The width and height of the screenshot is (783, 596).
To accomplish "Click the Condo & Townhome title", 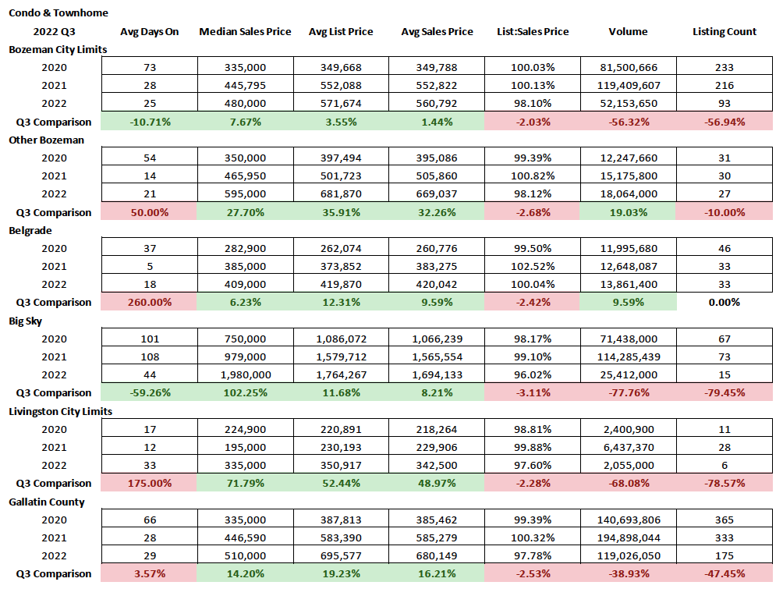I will click(x=58, y=13).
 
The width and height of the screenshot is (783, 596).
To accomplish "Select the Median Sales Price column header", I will click(x=245, y=32).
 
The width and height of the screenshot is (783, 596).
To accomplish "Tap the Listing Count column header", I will click(x=725, y=32).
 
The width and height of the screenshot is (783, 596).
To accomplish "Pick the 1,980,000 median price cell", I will click(x=245, y=374).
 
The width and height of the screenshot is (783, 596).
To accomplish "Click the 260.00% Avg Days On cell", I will click(x=150, y=303).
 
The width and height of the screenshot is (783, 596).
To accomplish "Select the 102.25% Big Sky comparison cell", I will click(x=245, y=393).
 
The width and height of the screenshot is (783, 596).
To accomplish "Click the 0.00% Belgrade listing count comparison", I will click(x=725, y=303).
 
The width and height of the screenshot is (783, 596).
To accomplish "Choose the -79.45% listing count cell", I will click(x=725, y=393).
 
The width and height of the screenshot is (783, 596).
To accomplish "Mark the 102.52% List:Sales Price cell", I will click(x=533, y=267).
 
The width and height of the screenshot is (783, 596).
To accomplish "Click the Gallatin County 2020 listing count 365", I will click(x=725, y=520).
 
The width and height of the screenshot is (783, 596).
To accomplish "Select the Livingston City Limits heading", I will click(x=60, y=411).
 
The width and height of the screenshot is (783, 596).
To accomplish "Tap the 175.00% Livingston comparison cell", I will click(x=150, y=484).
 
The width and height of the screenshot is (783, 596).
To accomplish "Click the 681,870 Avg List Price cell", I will click(x=341, y=194).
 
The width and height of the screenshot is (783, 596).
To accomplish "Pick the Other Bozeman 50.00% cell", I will click(x=150, y=212).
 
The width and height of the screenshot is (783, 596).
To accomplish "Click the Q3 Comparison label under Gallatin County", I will click(x=54, y=574).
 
